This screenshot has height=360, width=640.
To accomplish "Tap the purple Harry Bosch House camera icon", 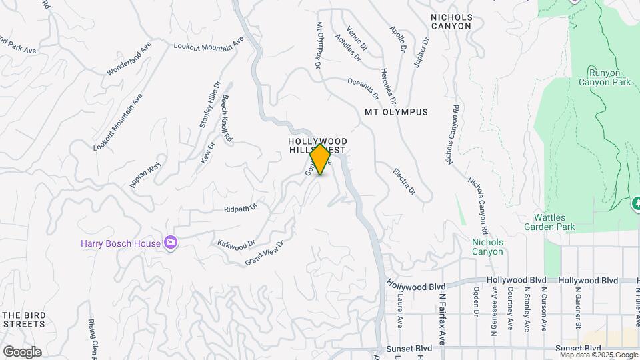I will pos(171,243).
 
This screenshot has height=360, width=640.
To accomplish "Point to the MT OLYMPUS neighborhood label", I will pos(396,112).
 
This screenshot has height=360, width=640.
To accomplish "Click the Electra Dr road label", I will pos(404,181).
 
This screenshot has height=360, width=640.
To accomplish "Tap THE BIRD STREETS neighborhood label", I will pos(24,319).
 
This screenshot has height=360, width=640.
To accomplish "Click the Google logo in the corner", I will pos(22,351).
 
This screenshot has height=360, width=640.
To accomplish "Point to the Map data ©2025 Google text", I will pos(599,355).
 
